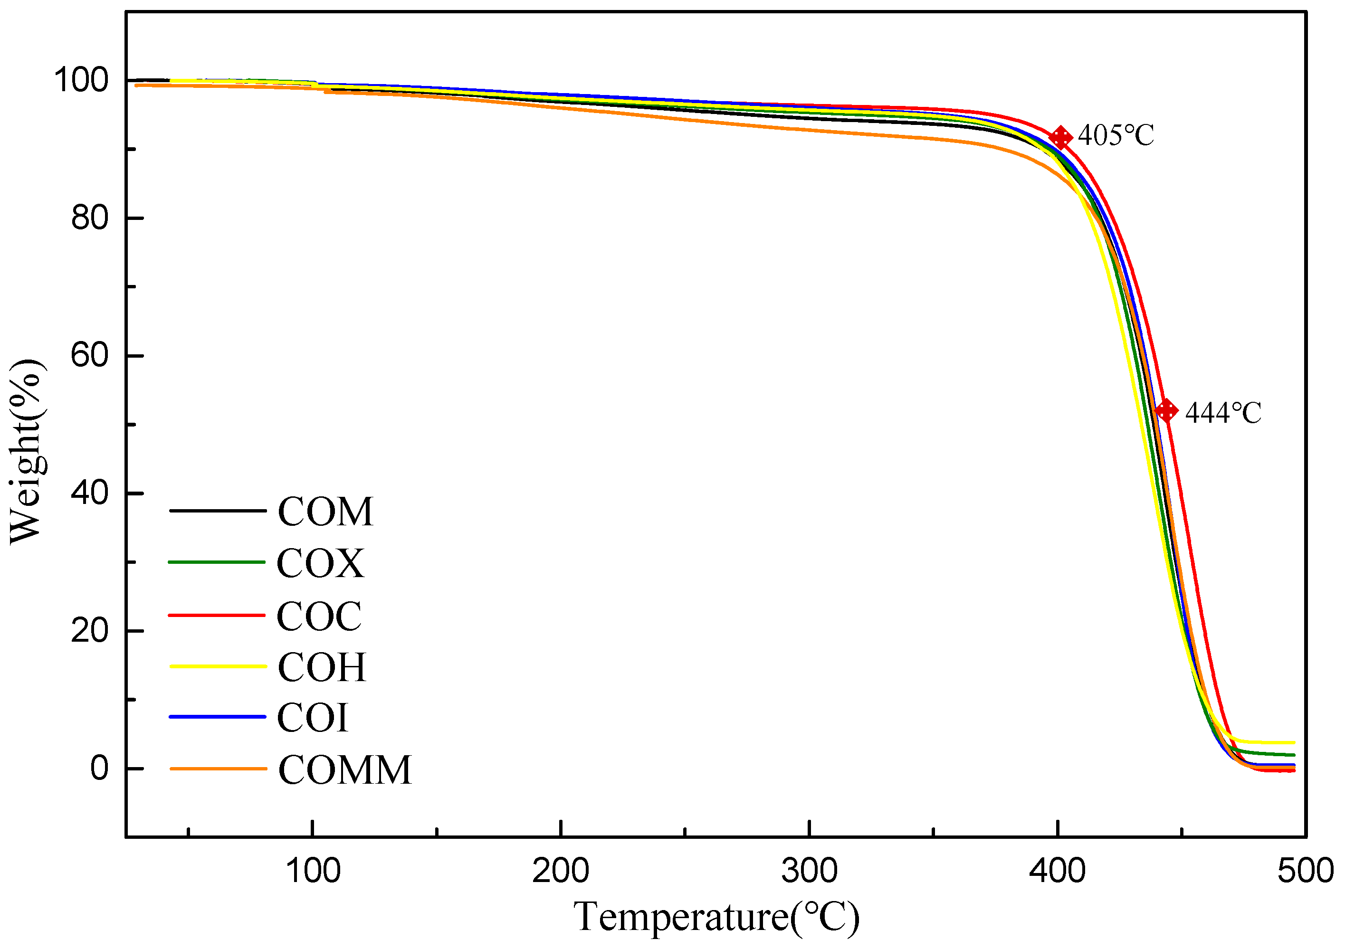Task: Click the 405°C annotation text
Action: click(x=1116, y=136)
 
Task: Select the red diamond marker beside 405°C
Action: click(x=1060, y=138)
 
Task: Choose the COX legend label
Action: click(x=320, y=563)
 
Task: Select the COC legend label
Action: click(x=319, y=616)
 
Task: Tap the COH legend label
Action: click(x=322, y=667)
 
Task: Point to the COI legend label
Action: click(x=312, y=718)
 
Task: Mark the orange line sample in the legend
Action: click(x=218, y=769)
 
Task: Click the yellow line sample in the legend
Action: click(x=218, y=667)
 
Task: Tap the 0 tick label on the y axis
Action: click(x=100, y=768)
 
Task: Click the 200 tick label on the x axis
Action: click(x=561, y=871)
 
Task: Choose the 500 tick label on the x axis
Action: click(x=1305, y=871)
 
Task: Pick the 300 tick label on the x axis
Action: click(x=809, y=871)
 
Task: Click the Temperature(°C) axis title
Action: click(x=716, y=917)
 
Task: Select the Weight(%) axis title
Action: click(x=26, y=451)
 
